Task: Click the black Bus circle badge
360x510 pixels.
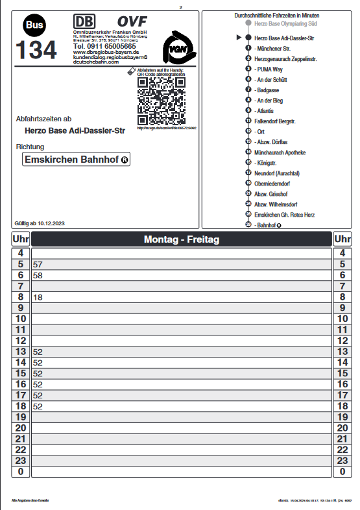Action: (35, 25)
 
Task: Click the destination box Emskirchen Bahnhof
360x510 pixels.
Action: (76, 160)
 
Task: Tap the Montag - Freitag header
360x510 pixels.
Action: (181, 239)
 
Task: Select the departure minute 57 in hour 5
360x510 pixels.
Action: (37, 265)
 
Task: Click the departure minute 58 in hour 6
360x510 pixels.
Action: (37, 276)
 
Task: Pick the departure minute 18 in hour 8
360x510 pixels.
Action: (37, 297)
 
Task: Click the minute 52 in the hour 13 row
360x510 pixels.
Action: (37, 352)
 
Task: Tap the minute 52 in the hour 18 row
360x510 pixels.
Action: (37, 406)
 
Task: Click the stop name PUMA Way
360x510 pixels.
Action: (270, 68)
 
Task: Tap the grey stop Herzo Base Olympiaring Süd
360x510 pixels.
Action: (285, 23)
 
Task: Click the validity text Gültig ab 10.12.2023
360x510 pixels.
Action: (40, 223)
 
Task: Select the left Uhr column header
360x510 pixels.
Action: (20, 239)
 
